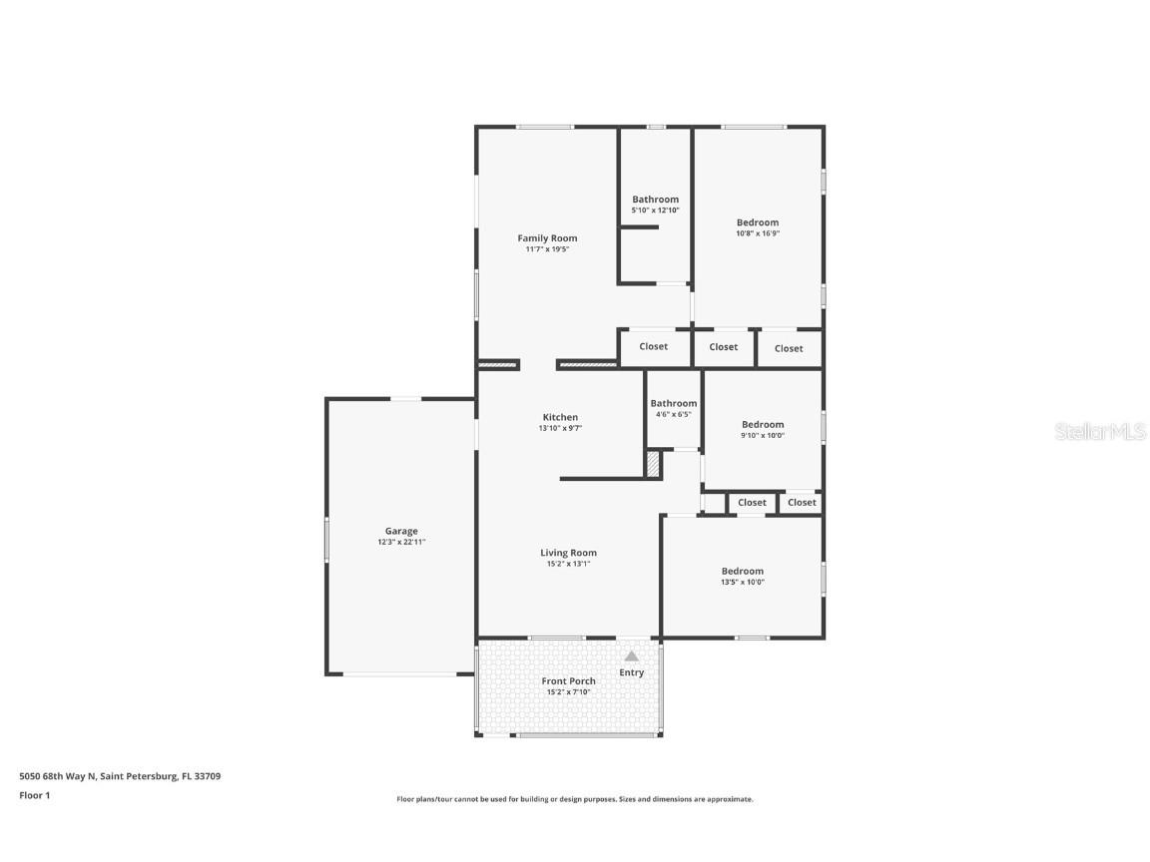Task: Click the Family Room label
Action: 547,238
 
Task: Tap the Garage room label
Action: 401,531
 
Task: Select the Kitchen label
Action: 560,417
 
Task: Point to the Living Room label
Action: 568,553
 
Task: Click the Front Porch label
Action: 568,681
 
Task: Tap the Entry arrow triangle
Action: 631,656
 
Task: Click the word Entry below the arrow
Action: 631,672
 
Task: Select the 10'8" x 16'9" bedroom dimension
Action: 758,233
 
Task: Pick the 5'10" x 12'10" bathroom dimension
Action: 655,211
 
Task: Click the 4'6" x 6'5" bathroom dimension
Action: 673,414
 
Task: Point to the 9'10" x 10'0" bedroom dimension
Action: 763,435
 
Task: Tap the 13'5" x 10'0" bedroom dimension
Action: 743,583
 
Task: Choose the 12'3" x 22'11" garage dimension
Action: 401,542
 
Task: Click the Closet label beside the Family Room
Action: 654,346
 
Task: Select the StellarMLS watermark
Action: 1101,432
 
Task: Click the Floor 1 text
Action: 34,795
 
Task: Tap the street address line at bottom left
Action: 120,775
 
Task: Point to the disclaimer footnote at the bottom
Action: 575,799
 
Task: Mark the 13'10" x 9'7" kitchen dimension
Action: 560,428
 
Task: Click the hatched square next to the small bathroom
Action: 653,465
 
